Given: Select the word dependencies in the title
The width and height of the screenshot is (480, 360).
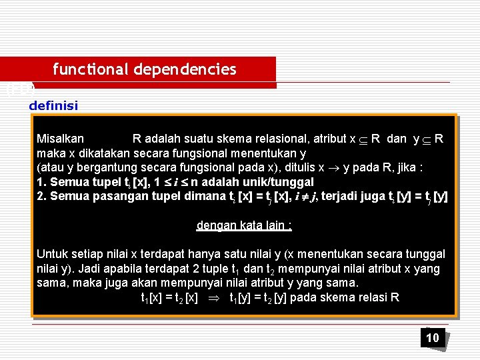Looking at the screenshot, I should (185, 69).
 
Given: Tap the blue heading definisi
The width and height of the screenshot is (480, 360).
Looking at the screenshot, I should (53, 105).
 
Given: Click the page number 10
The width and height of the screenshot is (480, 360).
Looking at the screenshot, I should (433, 338).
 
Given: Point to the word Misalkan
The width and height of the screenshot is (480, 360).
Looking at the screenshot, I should (60, 139).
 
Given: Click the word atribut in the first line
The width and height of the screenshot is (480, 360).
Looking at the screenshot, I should (328, 139).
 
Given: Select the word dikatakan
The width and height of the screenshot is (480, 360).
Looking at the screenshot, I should (95, 153).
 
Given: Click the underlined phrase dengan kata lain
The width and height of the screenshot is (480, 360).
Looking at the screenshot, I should (244, 225).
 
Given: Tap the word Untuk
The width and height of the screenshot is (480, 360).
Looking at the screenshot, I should (51, 254).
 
